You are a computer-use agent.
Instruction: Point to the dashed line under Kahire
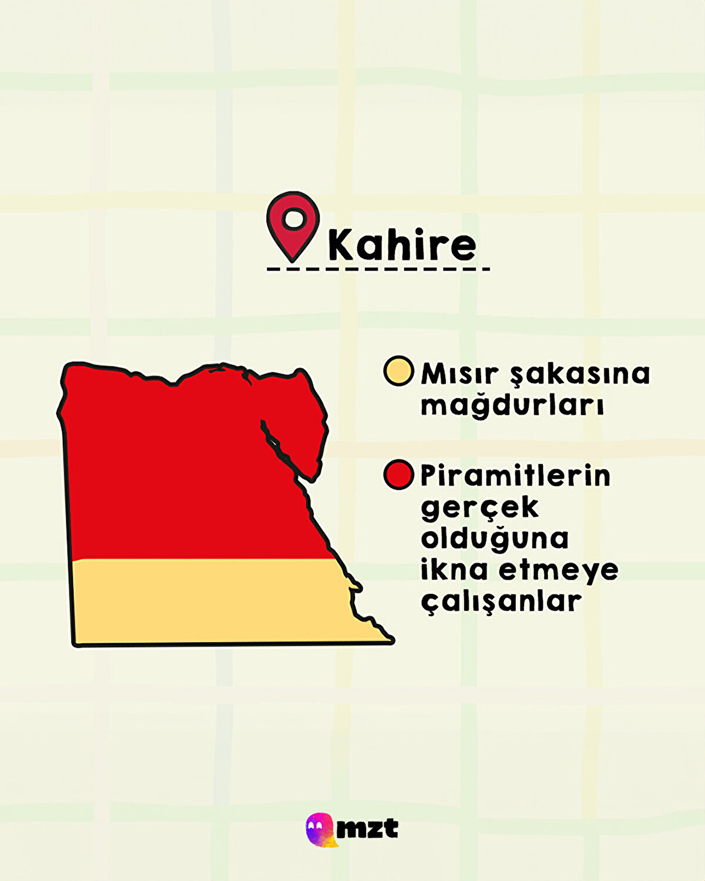(x=378, y=270)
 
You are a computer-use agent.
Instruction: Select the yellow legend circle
(x=398, y=371)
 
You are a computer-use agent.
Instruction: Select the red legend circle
(x=398, y=475)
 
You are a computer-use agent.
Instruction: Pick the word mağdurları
(x=512, y=405)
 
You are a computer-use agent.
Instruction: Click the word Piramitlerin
(x=515, y=476)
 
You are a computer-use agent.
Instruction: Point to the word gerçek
(x=479, y=507)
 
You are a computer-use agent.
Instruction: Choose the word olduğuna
(x=495, y=539)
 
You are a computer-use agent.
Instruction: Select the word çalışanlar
(x=501, y=601)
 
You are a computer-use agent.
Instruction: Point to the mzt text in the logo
(x=368, y=829)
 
